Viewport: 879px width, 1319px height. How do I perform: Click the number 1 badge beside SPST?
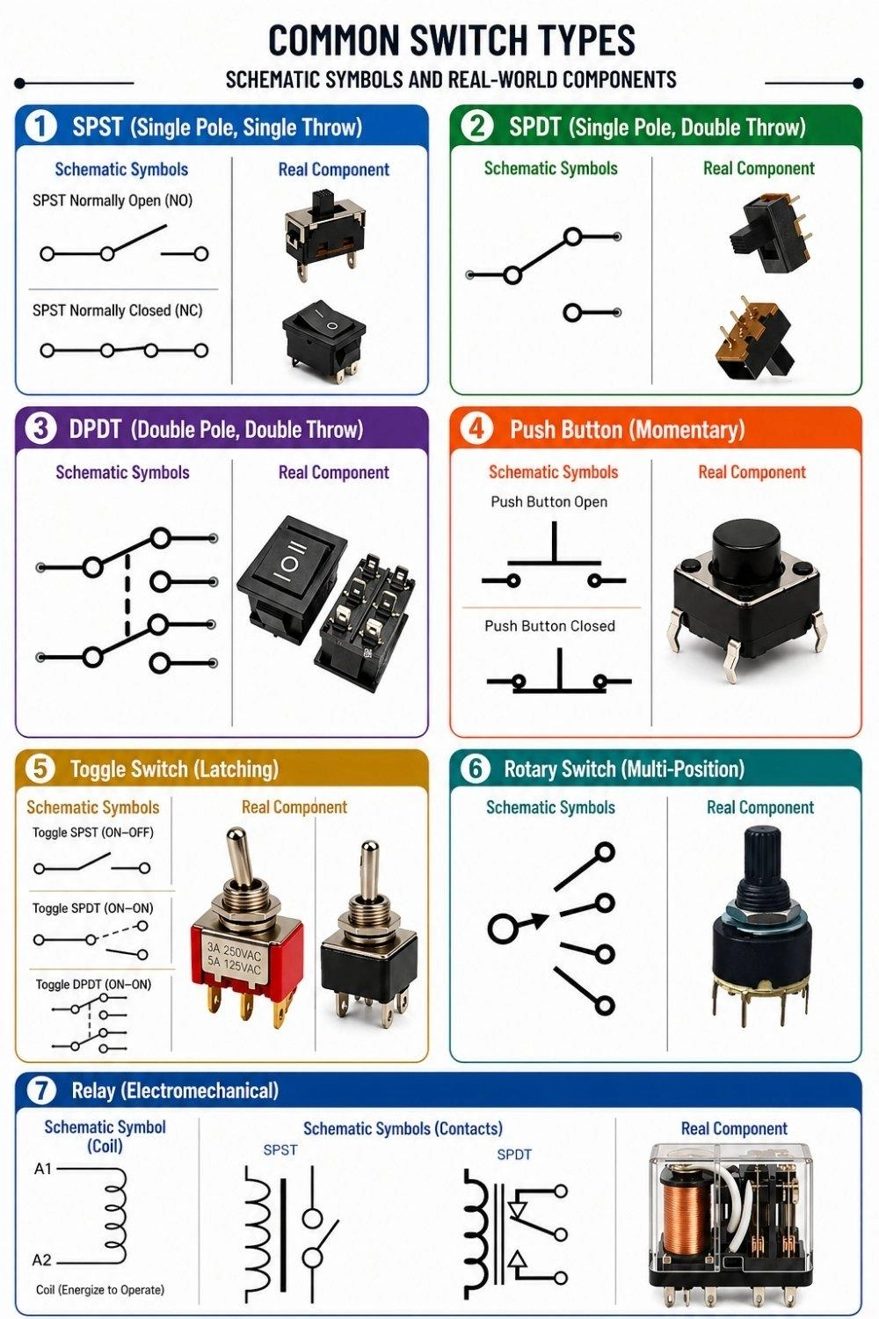pyautogui.click(x=40, y=126)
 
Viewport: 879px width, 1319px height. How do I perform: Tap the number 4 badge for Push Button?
pyautogui.click(x=476, y=428)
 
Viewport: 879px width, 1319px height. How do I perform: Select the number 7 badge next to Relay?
pyautogui.click(x=40, y=1090)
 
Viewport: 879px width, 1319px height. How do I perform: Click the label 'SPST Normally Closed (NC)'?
pyautogui.click(x=117, y=310)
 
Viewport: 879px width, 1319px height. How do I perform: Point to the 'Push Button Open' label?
pyautogui.click(x=548, y=502)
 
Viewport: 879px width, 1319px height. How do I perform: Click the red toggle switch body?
pyautogui.click(x=247, y=958)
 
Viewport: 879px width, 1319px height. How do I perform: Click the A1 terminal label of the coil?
pyautogui.click(x=43, y=1169)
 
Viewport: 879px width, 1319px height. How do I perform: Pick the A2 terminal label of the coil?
pyautogui.click(x=42, y=1260)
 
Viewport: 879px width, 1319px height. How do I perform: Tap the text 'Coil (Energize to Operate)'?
pyautogui.click(x=100, y=1290)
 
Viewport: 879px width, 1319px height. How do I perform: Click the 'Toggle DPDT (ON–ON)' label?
pyautogui.click(x=93, y=984)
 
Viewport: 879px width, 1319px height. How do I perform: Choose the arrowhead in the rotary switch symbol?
pyautogui.click(x=538, y=922)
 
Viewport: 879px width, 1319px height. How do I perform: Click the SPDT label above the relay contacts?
pyautogui.click(x=514, y=1155)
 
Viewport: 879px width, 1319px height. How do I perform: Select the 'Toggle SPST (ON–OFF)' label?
pyautogui.click(x=92, y=832)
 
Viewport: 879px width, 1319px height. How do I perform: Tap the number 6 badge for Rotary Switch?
pyautogui.click(x=476, y=769)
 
